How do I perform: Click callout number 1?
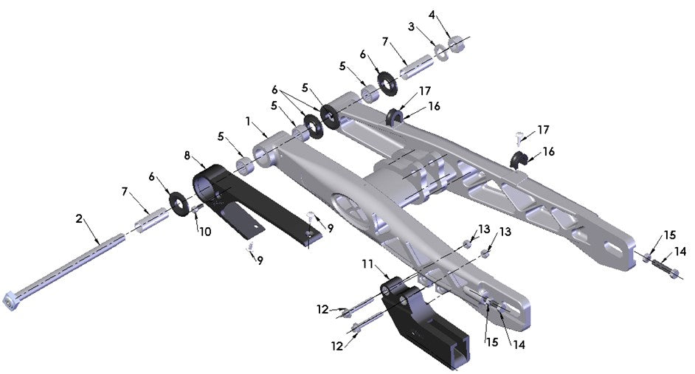coord(249,120)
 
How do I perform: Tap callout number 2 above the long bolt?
coord(80,219)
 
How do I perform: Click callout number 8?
coord(187,156)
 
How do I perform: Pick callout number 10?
coord(205,231)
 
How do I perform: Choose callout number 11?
coord(367,263)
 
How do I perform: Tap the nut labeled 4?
coord(457,44)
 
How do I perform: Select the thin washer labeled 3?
coord(442,51)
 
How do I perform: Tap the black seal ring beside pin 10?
coord(177,201)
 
